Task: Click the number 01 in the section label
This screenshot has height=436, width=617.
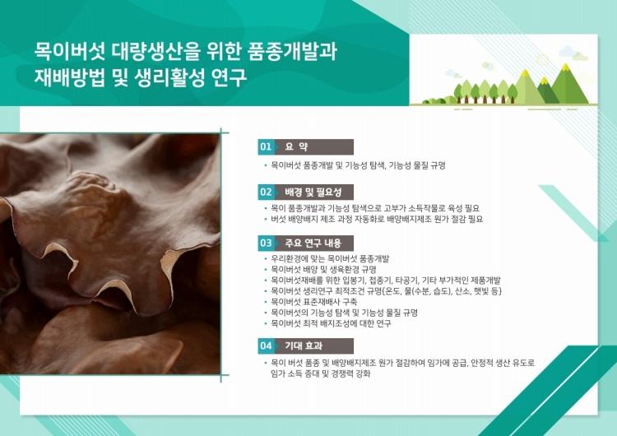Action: coord(266,147)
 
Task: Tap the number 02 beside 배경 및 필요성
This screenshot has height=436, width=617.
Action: coord(266,192)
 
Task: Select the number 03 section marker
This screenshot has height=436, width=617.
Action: coord(266,244)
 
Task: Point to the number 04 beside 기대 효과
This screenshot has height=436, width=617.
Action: coord(266,346)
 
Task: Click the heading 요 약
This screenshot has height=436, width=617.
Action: coord(296,147)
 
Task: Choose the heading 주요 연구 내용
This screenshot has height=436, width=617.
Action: coord(313,244)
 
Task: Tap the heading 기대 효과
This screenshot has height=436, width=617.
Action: coord(304,346)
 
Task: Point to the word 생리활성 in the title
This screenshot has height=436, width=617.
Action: coord(169,77)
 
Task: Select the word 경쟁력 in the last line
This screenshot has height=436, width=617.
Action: coord(342,373)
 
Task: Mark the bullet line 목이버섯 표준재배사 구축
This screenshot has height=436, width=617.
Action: coord(314,302)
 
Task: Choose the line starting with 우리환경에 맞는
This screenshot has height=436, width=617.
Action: coord(330,259)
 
